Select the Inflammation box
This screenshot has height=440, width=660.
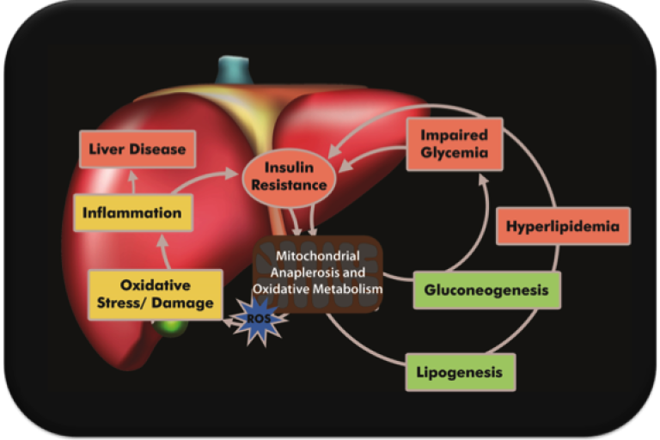[x=132, y=212]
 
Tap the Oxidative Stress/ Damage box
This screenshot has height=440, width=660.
[x=156, y=294]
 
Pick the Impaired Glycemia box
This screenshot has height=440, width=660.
[x=454, y=144]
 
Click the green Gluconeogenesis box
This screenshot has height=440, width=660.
[x=486, y=290]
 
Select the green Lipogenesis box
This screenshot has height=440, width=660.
[x=461, y=372]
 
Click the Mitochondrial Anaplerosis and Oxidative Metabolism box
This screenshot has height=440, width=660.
[x=317, y=274]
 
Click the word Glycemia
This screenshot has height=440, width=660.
[x=454, y=153]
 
